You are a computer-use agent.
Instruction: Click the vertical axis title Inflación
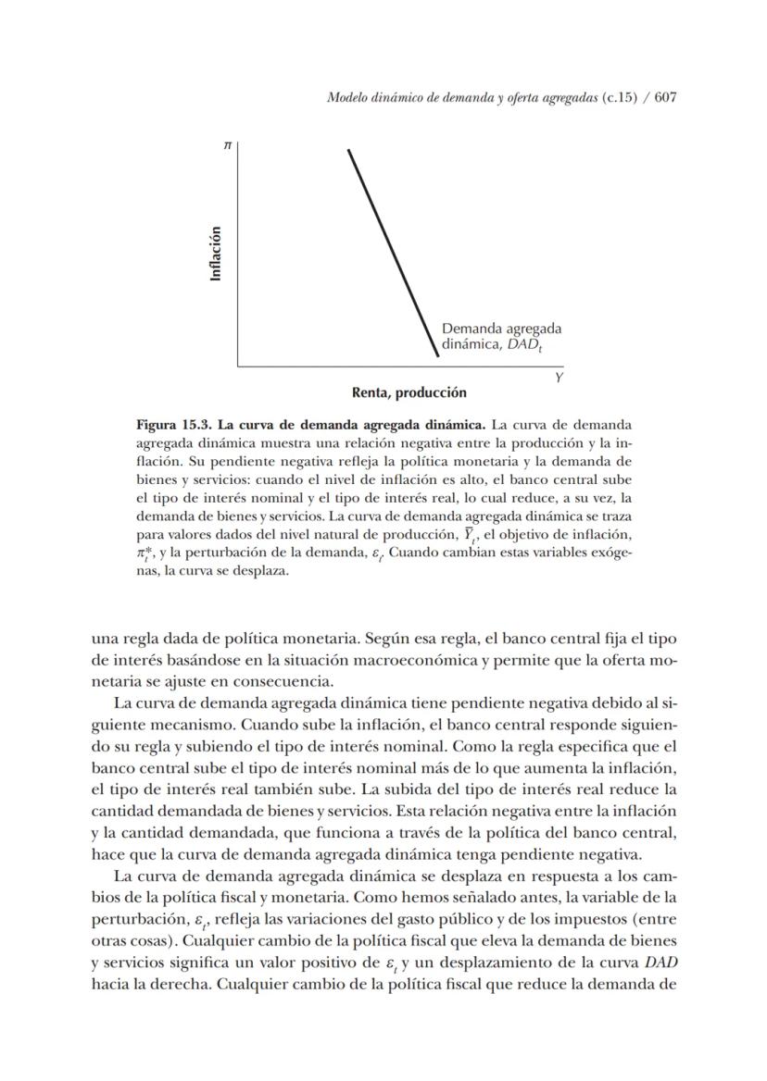216,254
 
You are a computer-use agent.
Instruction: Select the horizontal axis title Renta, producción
409,393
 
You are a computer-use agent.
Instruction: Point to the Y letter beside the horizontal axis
559,379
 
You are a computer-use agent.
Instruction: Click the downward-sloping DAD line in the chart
393,251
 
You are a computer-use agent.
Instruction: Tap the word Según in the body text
386,638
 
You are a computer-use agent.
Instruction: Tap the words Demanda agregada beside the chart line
501,328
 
